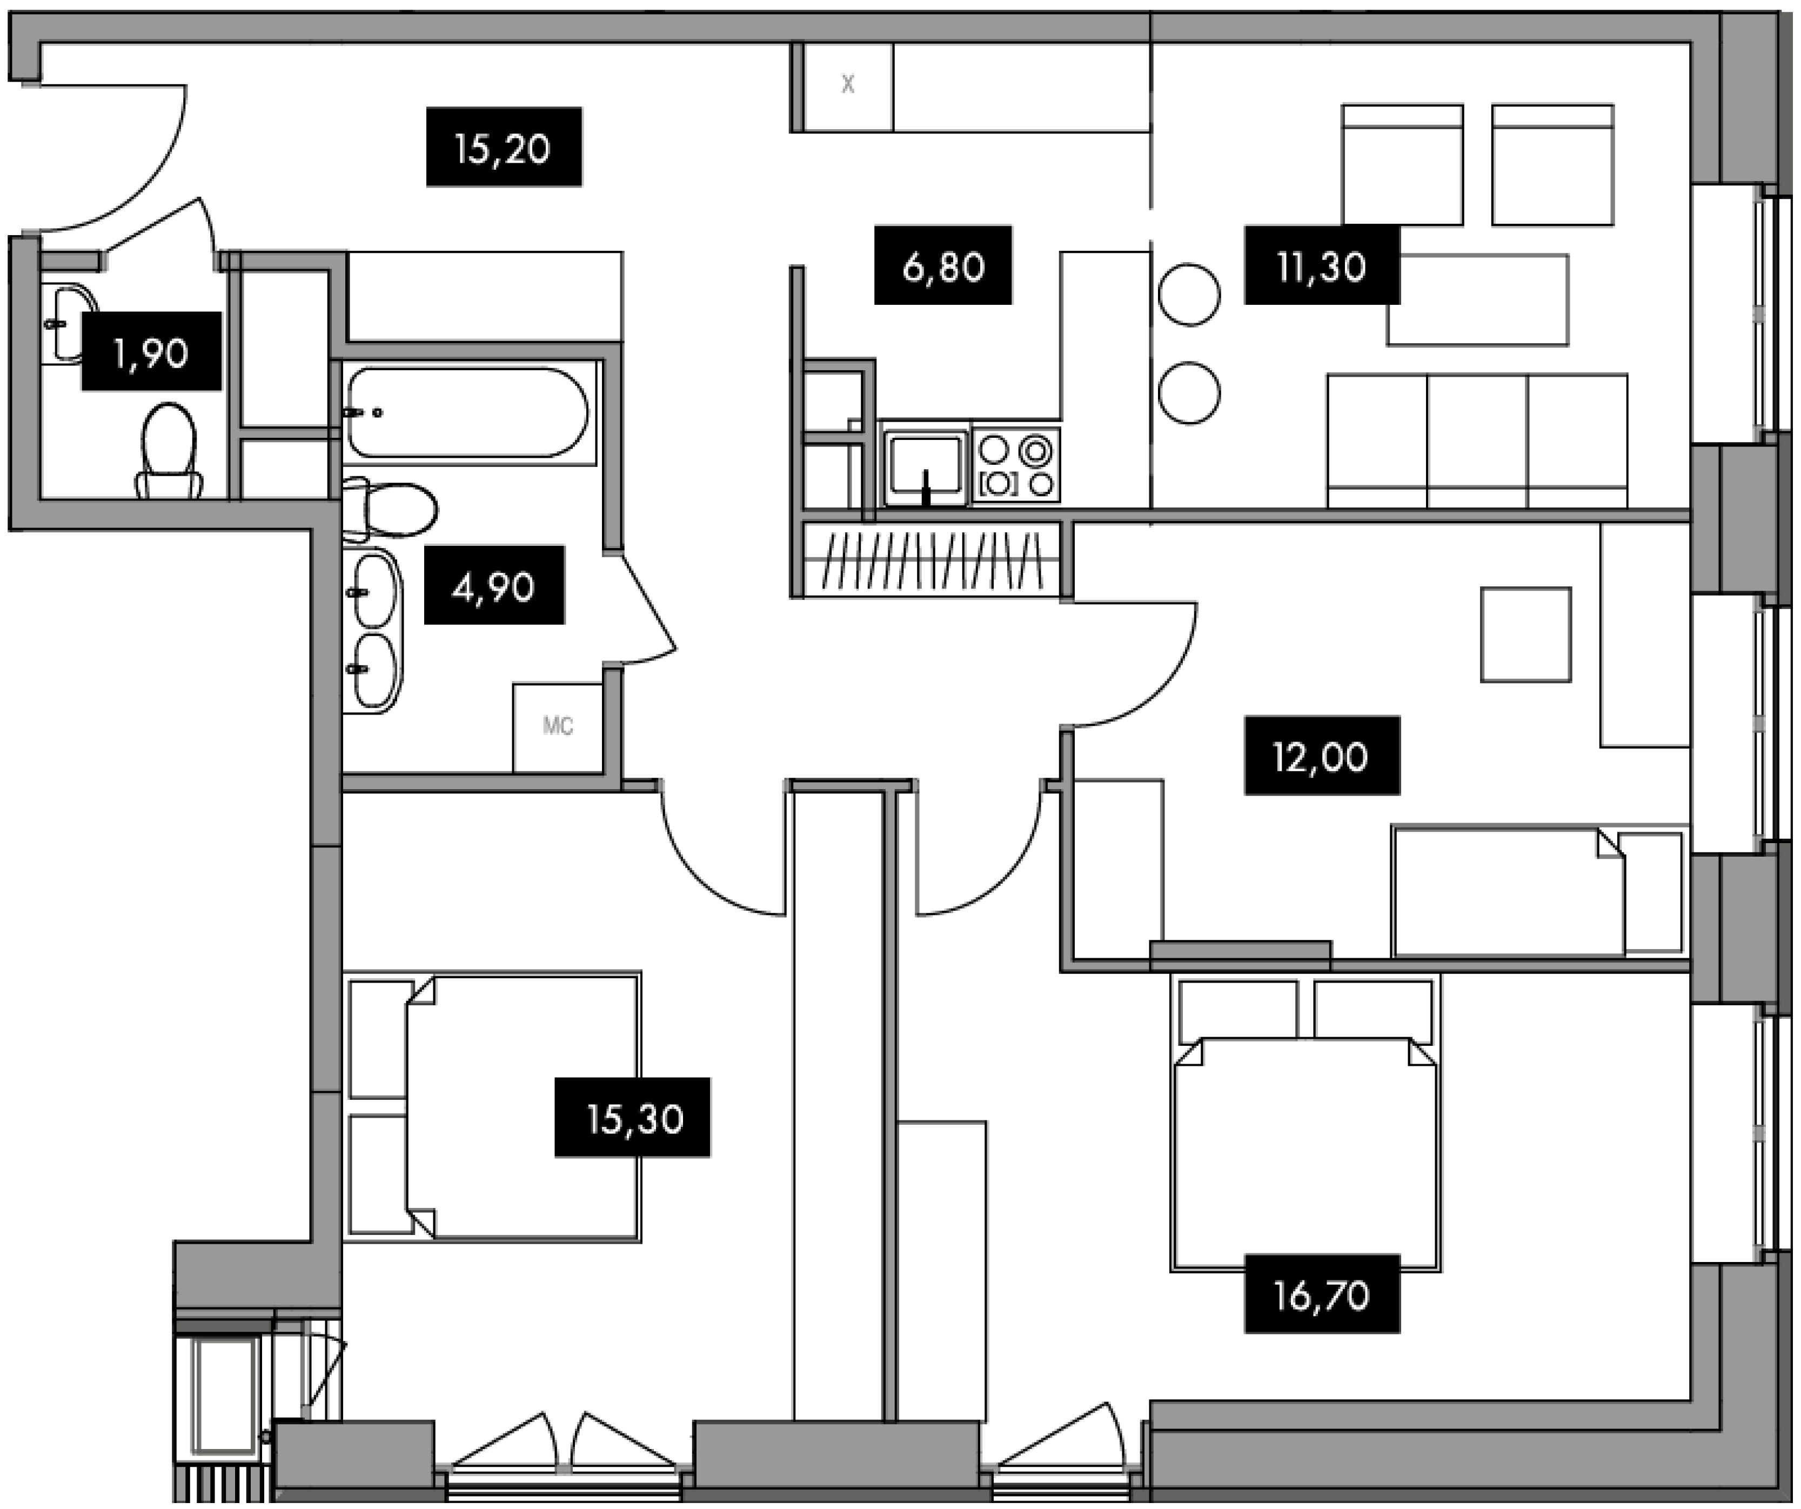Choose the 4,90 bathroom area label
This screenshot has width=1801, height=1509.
tap(494, 585)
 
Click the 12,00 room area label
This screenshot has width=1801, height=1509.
tap(1322, 756)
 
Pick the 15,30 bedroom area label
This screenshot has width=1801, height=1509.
tap(632, 1118)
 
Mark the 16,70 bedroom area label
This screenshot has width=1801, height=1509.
tap(1322, 1294)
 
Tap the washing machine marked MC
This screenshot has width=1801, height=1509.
tap(558, 727)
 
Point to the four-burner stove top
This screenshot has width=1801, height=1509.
tap(1016, 464)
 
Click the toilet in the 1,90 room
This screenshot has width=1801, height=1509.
tap(169, 450)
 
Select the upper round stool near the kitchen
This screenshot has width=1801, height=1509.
tap(1189, 294)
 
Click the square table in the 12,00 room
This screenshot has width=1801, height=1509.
tap(1526, 634)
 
